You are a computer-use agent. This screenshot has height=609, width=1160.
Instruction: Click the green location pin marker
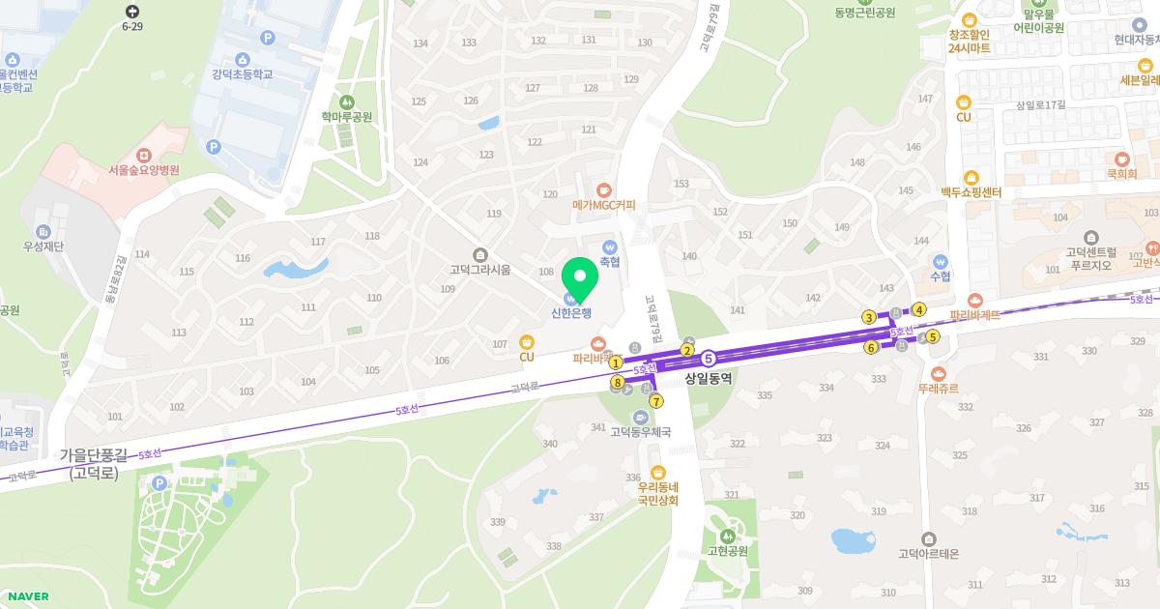click(580, 279)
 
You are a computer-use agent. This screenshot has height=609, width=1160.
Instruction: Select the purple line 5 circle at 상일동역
click(709, 359)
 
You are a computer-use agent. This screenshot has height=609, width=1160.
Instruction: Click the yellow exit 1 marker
click(616, 362)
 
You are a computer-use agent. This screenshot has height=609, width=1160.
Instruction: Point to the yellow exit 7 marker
click(656, 401)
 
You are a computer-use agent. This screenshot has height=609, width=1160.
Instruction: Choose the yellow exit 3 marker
click(869, 318)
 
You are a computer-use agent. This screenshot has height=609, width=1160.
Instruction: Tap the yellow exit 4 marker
click(919, 310)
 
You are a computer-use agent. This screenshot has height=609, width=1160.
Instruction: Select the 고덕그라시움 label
click(479, 270)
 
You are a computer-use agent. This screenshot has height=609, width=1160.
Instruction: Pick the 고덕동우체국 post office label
click(640, 432)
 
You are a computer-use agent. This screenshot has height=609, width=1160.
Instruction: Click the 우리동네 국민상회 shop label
click(658, 494)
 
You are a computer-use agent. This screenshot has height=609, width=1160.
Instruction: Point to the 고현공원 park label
click(728, 551)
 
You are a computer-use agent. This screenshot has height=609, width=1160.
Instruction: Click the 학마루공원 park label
click(347, 117)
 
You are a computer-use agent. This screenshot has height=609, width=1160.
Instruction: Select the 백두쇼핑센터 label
click(971, 192)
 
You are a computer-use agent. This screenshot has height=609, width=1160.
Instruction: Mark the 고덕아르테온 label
click(928, 554)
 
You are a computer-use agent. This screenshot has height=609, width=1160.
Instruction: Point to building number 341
click(597, 427)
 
